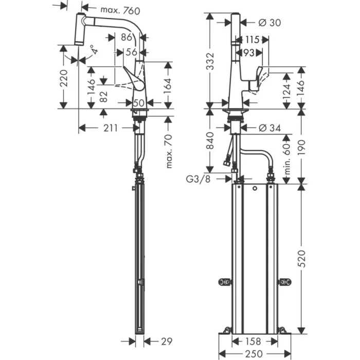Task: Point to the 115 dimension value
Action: click(x=252, y=40)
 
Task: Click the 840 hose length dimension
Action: click(x=210, y=140)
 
